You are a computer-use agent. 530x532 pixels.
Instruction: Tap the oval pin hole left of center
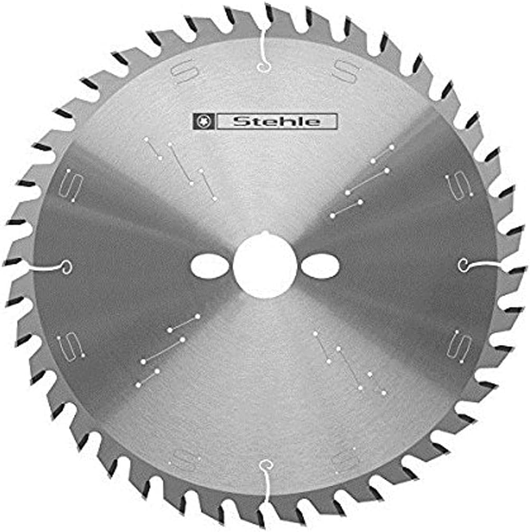208,266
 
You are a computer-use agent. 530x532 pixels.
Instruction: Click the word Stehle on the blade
276,122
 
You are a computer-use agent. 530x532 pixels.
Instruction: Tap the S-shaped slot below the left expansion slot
71,347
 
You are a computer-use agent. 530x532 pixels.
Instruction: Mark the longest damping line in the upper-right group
367,182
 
